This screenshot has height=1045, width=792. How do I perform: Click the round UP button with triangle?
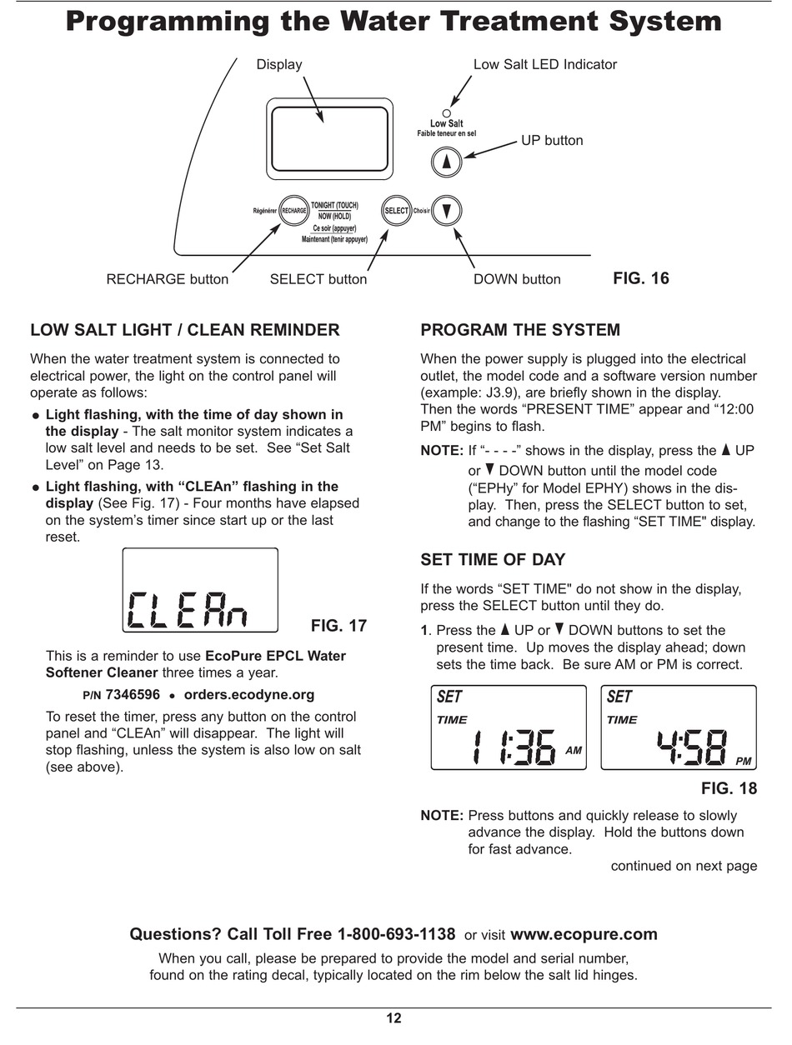(x=447, y=162)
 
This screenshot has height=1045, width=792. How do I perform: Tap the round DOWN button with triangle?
(x=448, y=211)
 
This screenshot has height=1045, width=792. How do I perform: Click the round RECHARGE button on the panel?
(x=293, y=211)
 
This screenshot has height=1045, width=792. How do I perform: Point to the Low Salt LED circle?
(x=447, y=113)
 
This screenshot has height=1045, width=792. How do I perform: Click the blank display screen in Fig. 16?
(x=328, y=138)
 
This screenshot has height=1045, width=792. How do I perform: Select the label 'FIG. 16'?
(x=640, y=278)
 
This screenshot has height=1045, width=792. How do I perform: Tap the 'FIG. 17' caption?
(x=338, y=626)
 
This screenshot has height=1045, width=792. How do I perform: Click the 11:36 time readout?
(x=514, y=747)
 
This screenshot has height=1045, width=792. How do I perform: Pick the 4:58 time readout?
(x=689, y=747)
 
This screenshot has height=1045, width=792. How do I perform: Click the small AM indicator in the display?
(x=574, y=751)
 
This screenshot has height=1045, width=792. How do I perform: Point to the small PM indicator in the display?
(x=744, y=762)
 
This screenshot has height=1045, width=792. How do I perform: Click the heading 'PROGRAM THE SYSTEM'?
(x=520, y=330)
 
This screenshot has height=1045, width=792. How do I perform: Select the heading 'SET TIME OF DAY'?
(x=493, y=560)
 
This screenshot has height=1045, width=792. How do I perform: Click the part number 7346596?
(x=133, y=694)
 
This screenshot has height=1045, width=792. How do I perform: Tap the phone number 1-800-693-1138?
(x=396, y=934)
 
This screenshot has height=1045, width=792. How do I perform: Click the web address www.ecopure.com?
(x=584, y=934)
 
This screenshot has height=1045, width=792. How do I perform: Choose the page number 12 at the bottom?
(x=394, y=1017)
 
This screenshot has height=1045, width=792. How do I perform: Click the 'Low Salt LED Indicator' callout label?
(x=545, y=64)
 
